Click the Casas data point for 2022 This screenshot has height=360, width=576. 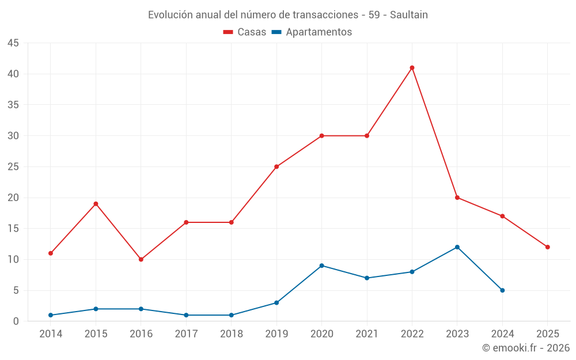click(x=412, y=68)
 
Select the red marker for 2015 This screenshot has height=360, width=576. click(x=96, y=204)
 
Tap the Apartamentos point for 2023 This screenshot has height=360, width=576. click(x=457, y=247)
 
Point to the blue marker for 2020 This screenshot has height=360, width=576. click(x=321, y=266)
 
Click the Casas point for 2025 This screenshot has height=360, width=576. click(x=548, y=247)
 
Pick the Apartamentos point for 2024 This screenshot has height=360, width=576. click(x=502, y=290)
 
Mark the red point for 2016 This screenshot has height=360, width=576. click(x=141, y=259)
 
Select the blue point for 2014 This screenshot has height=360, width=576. click(x=51, y=315)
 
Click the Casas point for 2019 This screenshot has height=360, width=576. click(x=276, y=167)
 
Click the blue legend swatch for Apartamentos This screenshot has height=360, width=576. click(x=276, y=32)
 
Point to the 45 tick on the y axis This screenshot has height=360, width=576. click(x=13, y=43)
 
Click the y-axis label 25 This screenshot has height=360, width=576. click(x=13, y=167)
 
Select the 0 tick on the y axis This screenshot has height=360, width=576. click(x=16, y=321)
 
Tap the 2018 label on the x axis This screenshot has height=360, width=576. click(x=232, y=334)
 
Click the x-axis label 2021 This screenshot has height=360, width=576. click(x=367, y=334)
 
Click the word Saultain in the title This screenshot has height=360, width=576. click(x=409, y=15)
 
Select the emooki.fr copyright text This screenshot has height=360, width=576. click(x=526, y=348)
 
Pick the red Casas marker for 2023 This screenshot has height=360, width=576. click(x=457, y=198)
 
